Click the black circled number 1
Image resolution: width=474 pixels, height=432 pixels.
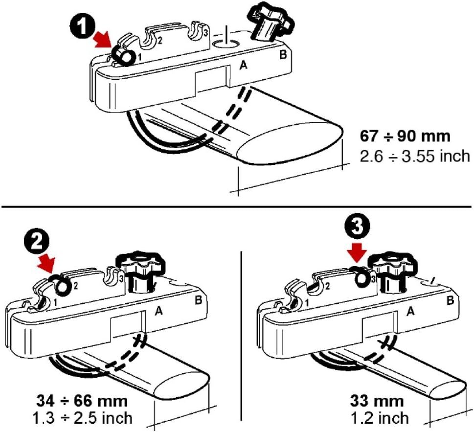[x=82, y=26]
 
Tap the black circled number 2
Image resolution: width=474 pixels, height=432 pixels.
[x=36, y=243]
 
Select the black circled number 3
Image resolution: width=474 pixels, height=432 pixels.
[x=358, y=227]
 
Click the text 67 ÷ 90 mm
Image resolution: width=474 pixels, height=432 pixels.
[x=405, y=136]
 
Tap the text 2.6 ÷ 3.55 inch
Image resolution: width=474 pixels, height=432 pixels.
[x=415, y=157]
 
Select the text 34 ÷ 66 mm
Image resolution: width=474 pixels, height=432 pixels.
[x=82, y=401]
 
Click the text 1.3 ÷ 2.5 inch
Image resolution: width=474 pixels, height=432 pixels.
[x=82, y=418]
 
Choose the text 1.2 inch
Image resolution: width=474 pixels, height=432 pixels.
[x=380, y=418]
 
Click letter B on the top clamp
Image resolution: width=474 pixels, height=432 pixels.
[x=283, y=55]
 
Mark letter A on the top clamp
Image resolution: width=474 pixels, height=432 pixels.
[x=243, y=65]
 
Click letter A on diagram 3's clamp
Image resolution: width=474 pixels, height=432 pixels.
[x=410, y=311]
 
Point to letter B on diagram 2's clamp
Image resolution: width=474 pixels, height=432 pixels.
[x=198, y=300]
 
